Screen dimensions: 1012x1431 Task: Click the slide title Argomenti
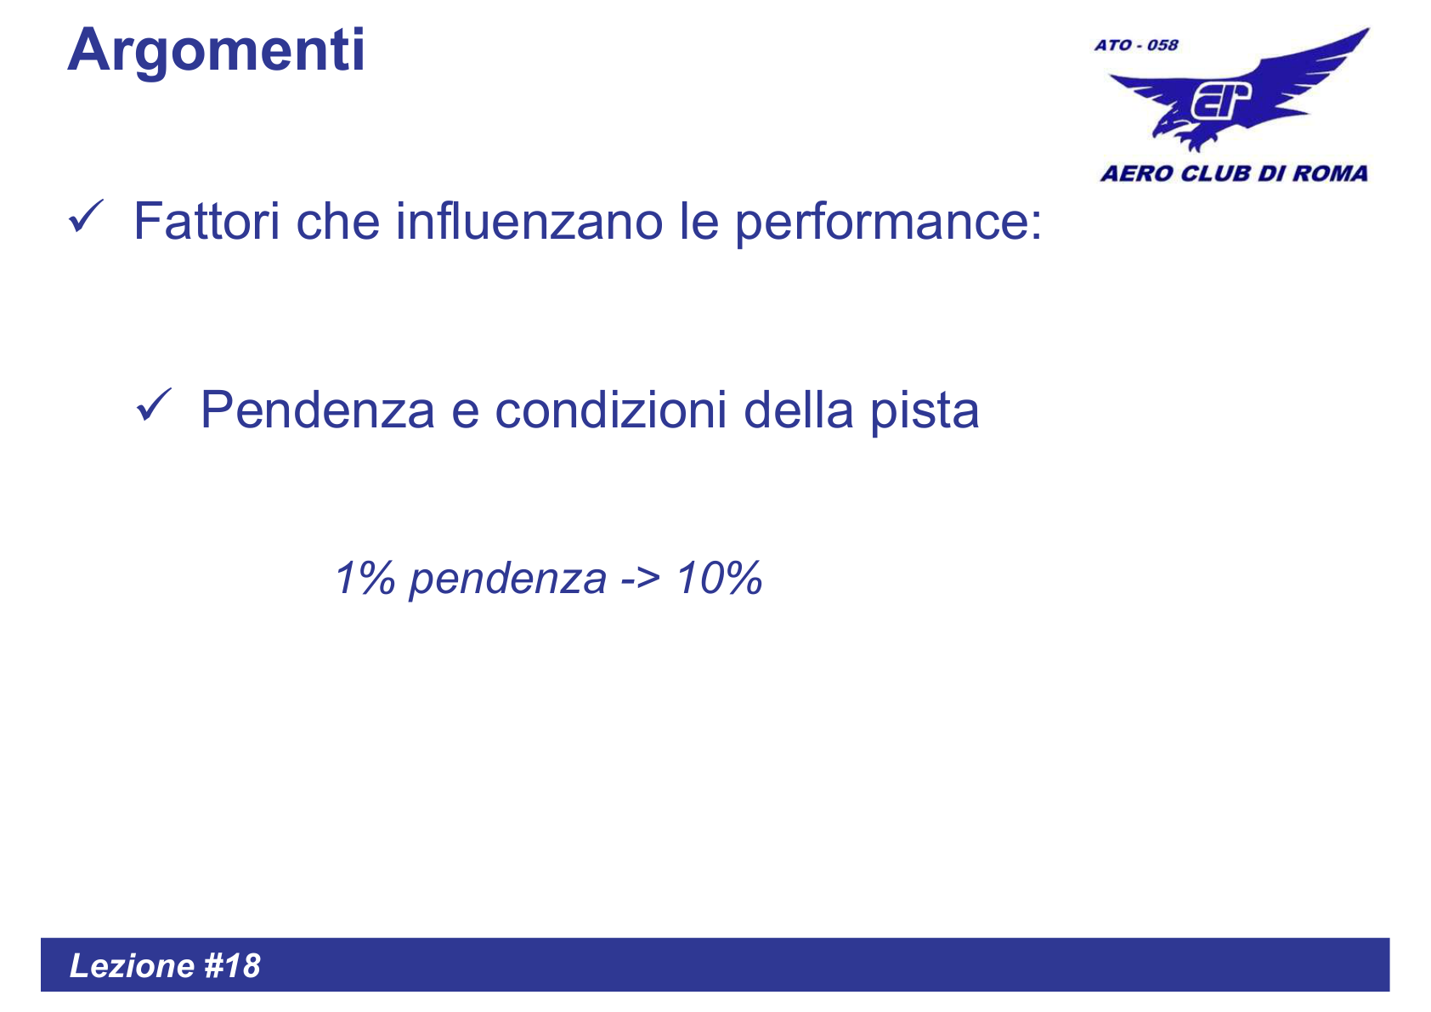216,51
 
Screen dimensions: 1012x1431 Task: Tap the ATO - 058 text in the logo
1136,45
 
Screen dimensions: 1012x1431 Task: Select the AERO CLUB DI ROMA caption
1234,174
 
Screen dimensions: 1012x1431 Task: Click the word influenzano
529,222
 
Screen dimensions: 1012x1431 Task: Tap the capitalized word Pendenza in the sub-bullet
317,410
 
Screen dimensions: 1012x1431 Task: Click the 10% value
720,579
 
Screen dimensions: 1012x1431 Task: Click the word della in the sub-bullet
798,410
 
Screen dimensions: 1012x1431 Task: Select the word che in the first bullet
337,222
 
